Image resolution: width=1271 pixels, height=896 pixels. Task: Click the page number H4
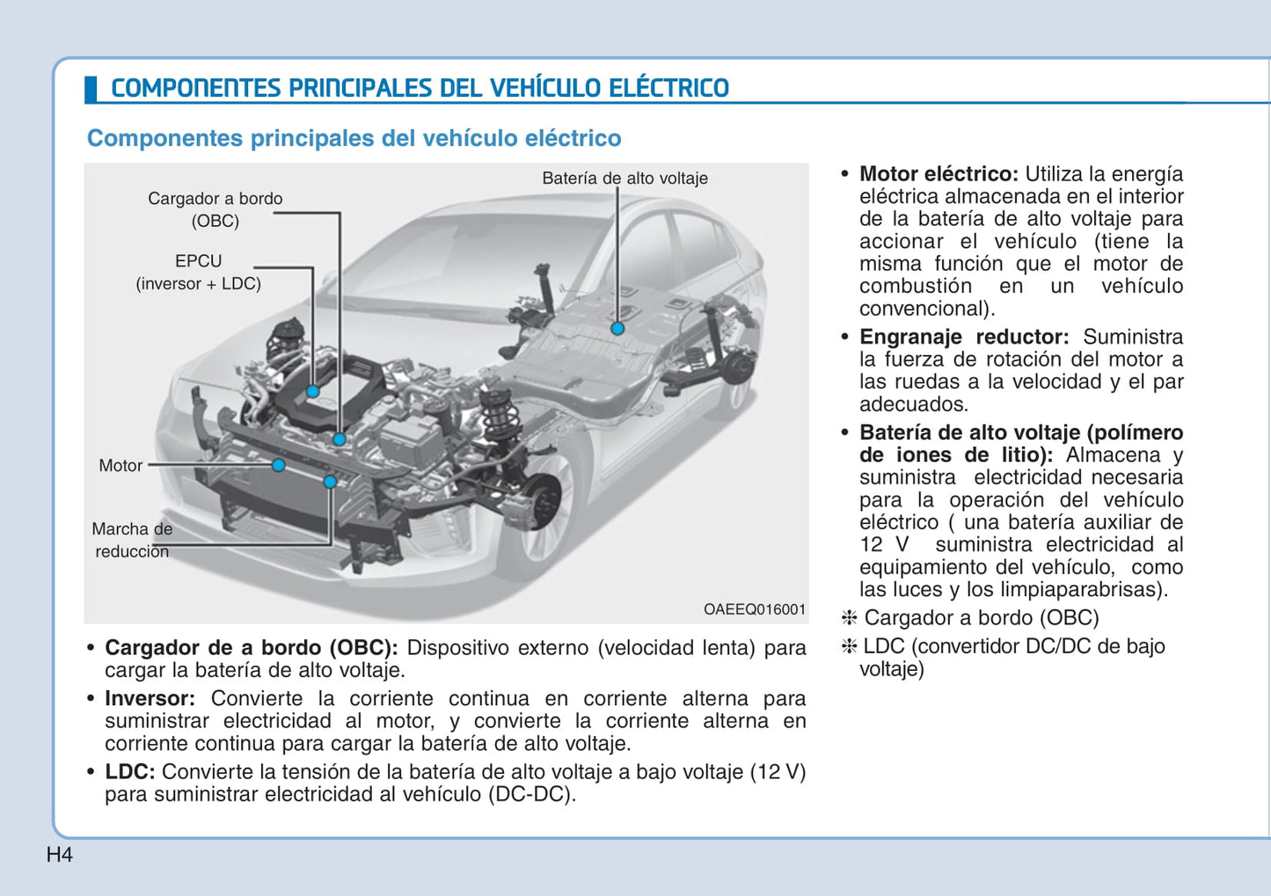(x=59, y=855)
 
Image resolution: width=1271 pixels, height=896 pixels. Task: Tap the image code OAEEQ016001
(x=754, y=609)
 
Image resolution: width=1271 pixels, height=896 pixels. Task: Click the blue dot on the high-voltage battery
(x=617, y=328)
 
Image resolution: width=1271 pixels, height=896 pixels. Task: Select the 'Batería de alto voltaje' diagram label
(x=625, y=178)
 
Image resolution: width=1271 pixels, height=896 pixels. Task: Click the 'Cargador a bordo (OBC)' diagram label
(x=215, y=209)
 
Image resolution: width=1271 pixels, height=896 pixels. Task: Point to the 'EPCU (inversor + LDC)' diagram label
(x=199, y=272)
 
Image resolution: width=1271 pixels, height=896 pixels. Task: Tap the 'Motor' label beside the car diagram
(x=121, y=465)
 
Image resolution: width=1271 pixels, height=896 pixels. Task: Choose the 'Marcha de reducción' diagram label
(x=132, y=540)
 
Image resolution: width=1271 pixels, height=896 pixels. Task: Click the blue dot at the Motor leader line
(x=278, y=464)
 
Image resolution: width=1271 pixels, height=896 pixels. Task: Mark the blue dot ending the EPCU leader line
(x=312, y=391)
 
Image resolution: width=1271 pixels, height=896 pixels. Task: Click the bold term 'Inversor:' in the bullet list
(x=150, y=698)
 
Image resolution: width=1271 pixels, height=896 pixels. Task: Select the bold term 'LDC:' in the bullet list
(x=129, y=771)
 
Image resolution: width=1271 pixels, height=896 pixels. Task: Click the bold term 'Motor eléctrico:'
(x=938, y=174)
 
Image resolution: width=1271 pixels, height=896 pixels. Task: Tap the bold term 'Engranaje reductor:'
(x=963, y=337)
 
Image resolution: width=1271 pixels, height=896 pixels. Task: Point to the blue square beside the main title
(x=91, y=89)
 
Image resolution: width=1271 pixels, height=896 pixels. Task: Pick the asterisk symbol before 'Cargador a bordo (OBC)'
(x=849, y=618)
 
